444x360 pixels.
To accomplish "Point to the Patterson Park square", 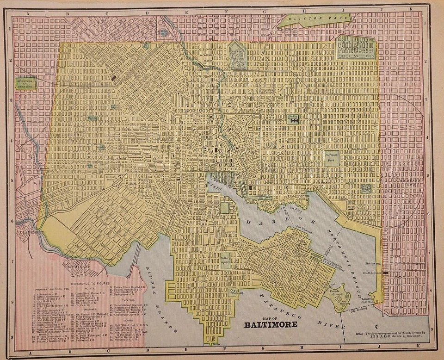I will [331, 158].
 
